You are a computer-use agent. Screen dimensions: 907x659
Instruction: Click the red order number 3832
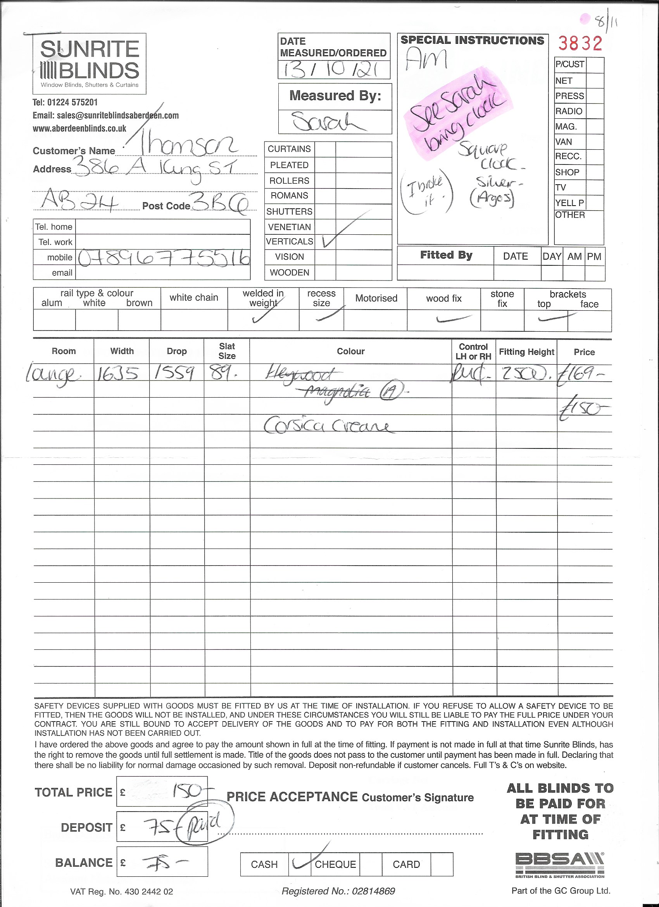tap(580, 43)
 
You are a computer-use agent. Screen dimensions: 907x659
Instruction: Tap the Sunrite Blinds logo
tap(90, 64)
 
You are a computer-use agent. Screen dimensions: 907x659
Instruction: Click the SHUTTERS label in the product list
tap(289, 211)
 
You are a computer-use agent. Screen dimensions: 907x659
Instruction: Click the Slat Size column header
tap(227, 351)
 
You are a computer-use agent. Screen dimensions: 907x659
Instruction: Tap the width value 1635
tap(117, 374)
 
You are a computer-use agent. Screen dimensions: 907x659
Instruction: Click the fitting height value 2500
tap(526, 374)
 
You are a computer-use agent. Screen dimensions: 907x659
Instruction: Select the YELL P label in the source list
tap(569, 203)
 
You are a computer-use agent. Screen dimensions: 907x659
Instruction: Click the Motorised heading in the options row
tap(376, 298)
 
